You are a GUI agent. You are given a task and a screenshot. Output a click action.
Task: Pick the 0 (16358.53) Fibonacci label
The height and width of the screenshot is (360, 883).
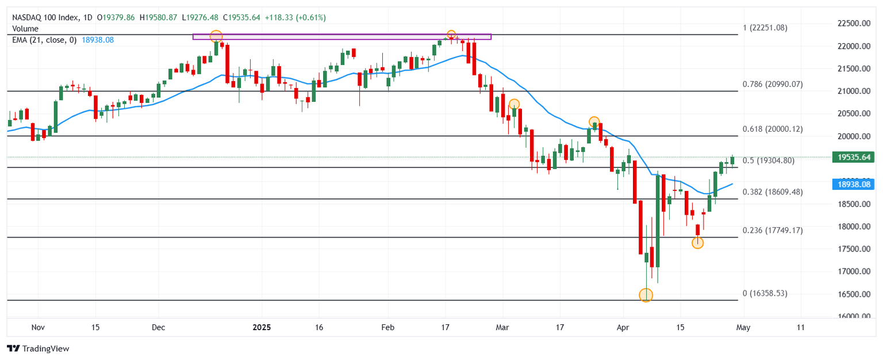tap(765, 293)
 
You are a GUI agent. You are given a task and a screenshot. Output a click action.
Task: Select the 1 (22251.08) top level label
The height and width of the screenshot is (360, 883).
tap(765, 28)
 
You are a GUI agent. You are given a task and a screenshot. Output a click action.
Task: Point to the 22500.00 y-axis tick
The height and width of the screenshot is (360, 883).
tap(853, 23)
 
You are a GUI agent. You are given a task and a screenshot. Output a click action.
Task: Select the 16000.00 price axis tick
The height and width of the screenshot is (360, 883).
tap(853, 316)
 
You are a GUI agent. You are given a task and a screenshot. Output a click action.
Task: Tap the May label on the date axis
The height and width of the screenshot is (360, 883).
tap(743, 327)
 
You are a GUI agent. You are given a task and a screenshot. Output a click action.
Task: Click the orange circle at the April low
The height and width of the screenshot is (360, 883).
tap(646, 295)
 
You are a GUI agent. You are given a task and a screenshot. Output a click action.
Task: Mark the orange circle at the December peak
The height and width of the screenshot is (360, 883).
tap(216, 36)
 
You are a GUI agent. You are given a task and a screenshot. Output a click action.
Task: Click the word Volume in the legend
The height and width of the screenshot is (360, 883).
tap(25, 29)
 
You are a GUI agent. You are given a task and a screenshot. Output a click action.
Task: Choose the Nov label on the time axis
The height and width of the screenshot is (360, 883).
tap(37, 327)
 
